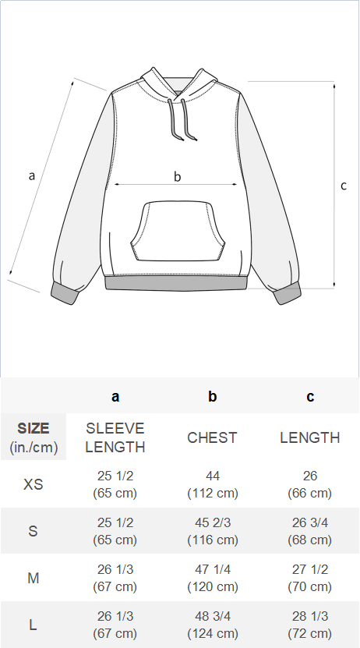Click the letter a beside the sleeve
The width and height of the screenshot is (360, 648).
tap(32, 175)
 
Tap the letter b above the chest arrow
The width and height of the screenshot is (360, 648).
tap(177, 176)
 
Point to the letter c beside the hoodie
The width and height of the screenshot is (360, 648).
tap(344, 186)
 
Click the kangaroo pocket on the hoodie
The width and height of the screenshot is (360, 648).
tap(178, 231)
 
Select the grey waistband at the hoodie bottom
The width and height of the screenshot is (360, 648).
tap(176, 283)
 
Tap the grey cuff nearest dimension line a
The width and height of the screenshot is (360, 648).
tap(65, 294)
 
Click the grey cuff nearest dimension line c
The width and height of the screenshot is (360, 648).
tap(287, 294)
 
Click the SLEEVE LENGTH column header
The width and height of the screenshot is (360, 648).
tap(115, 437)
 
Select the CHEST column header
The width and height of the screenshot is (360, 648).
tap(212, 437)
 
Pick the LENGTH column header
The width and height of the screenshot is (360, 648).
tap(309, 437)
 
